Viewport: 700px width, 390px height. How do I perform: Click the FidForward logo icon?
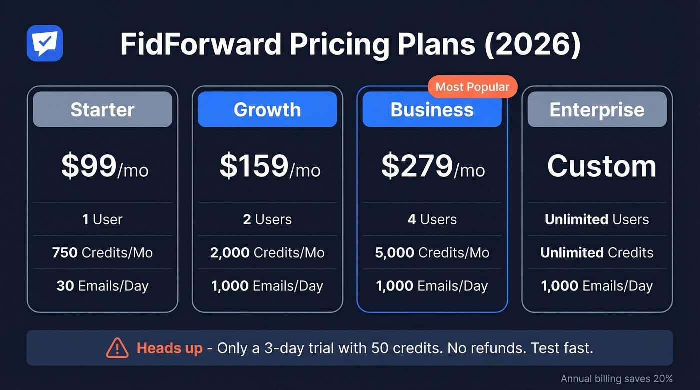coord(45,43)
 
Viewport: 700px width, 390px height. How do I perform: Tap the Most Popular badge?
coord(472,87)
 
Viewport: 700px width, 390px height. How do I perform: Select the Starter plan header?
coord(102,109)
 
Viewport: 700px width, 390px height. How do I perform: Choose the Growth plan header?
coord(267,109)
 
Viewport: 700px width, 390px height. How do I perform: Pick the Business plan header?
coord(432,109)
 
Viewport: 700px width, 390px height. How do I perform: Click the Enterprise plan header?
coord(597,109)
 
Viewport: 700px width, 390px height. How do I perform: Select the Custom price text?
coord(601,166)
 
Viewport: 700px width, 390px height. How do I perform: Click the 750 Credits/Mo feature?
coord(102,252)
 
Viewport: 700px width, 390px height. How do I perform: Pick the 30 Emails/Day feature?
coord(102,286)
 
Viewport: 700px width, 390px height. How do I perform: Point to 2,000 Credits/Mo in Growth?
coord(267,252)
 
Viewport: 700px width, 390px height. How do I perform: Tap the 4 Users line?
coord(432,219)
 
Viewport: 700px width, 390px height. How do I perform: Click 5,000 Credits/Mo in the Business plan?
coord(432,252)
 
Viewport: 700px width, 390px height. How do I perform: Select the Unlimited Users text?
coord(597,219)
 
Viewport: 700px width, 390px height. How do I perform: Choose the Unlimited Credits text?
coord(597,252)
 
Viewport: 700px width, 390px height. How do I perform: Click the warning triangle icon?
coord(117,348)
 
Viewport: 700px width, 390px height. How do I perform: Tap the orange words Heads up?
coord(169,348)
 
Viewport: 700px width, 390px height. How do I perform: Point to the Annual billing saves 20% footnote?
coord(616,378)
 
